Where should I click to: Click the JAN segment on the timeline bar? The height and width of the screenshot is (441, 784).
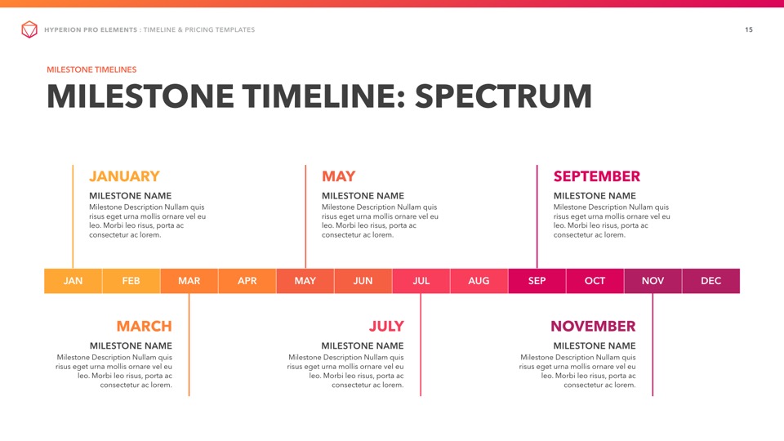(73, 281)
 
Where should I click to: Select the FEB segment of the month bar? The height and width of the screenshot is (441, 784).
(131, 281)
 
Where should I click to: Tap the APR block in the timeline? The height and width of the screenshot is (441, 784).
(247, 281)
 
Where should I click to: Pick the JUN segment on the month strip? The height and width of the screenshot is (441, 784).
(363, 281)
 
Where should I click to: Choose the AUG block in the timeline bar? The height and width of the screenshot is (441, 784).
(479, 281)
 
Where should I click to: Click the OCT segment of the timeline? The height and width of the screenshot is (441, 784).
(595, 281)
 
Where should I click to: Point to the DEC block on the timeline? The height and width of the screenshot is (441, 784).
(711, 281)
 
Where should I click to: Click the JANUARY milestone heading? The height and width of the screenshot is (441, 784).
(124, 176)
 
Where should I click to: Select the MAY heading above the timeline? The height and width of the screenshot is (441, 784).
(338, 176)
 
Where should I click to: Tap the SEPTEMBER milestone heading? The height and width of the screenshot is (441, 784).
(596, 176)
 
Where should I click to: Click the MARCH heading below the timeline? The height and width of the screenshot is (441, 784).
(144, 327)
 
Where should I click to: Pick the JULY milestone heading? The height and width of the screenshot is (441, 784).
(386, 327)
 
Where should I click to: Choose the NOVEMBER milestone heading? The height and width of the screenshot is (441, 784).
(593, 327)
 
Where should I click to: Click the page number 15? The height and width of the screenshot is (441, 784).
(749, 29)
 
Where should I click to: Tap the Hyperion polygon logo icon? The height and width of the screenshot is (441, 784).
(29, 29)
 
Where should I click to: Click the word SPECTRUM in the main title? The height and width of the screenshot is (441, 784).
(504, 96)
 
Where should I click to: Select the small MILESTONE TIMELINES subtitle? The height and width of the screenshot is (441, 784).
(91, 69)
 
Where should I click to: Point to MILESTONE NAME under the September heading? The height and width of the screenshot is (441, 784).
(595, 196)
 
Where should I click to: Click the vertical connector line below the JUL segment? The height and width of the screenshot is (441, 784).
(421, 345)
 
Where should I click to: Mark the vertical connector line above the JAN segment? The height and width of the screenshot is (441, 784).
(73, 217)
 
